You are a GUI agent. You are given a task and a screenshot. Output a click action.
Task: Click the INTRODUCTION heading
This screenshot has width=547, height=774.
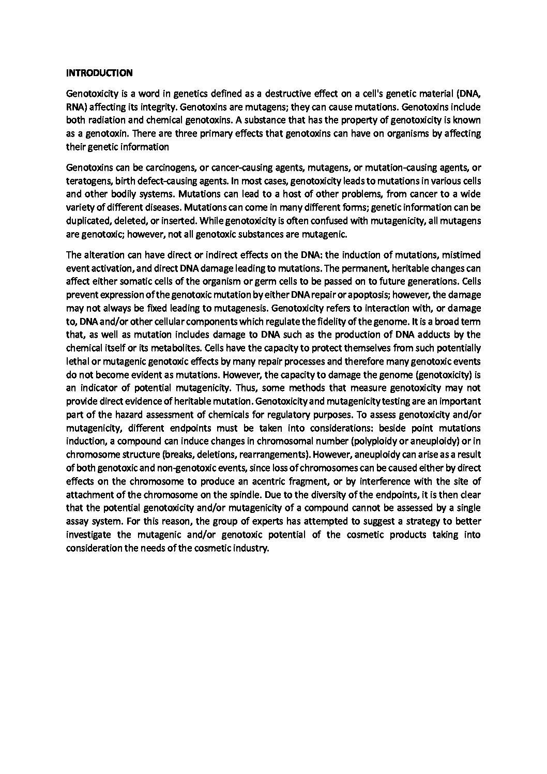(x=99, y=73)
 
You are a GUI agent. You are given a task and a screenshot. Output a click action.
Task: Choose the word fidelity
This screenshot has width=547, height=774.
(x=327, y=321)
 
